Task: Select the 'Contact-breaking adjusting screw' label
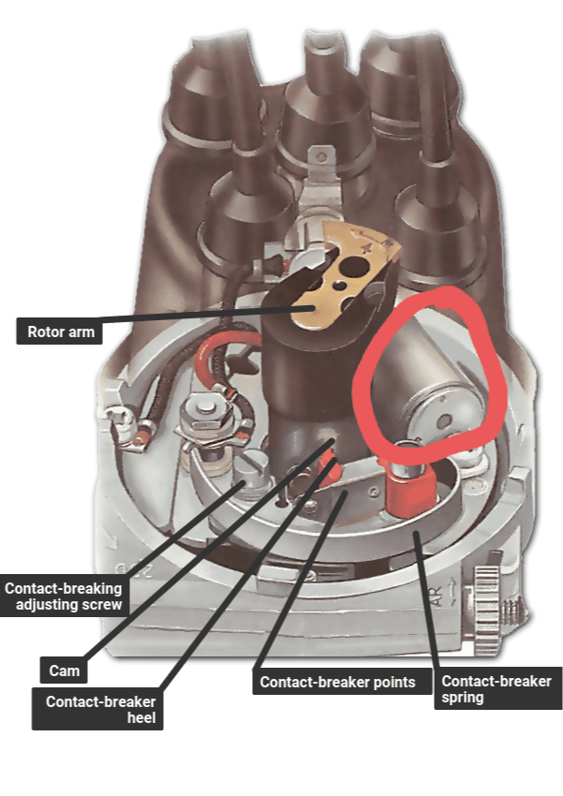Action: click(x=63, y=597)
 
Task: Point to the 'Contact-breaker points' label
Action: click(x=337, y=683)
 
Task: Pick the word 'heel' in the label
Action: click(x=141, y=720)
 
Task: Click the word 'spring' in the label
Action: click(x=464, y=698)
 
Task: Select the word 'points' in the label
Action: click(x=393, y=683)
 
